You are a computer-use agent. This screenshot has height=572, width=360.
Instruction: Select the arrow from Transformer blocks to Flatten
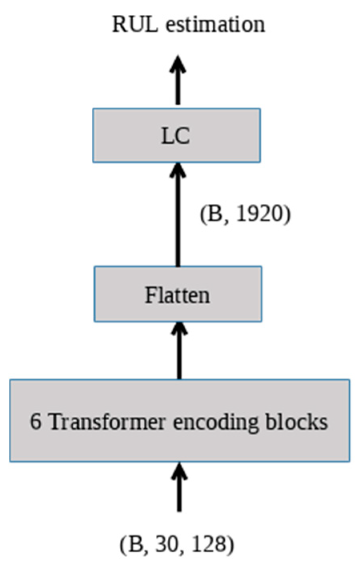tap(179, 350)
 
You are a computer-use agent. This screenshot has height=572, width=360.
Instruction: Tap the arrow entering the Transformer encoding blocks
tap(179, 486)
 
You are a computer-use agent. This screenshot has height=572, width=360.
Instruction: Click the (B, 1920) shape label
tap(245, 215)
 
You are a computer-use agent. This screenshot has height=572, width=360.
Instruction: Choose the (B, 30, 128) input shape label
tap(177, 545)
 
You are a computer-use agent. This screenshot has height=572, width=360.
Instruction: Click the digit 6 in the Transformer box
tap(36, 422)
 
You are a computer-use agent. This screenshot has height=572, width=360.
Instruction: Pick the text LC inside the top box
tap(175, 136)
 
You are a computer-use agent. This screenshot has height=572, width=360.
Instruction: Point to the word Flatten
tap(177, 295)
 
